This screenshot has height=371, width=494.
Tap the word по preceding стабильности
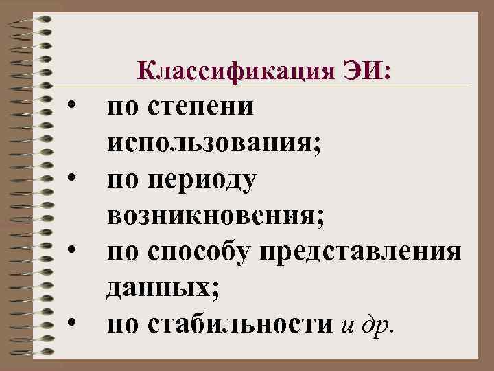point(122,324)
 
